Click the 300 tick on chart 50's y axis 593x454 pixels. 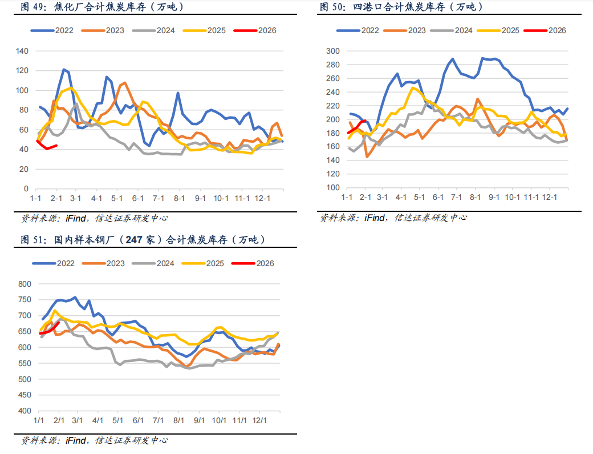[x=333, y=51]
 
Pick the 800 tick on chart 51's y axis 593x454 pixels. [x=24, y=284]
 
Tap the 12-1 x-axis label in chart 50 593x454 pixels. [x=549, y=197]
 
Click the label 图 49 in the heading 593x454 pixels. [x=33, y=7]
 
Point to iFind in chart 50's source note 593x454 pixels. [x=374, y=218]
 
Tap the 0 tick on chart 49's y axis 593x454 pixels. [x=26, y=188]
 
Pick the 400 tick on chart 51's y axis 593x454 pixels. [x=24, y=411]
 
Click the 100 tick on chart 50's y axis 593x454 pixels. [x=333, y=188]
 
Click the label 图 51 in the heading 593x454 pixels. [x=33, y=240]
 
